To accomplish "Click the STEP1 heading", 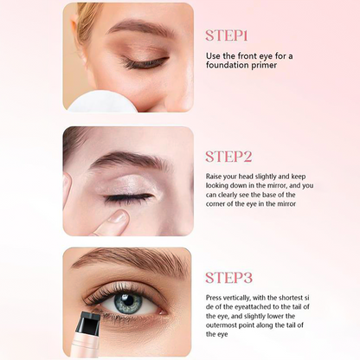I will click(227, 35).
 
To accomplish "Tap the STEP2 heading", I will click(228, 157).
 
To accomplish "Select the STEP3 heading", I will click(228, 277).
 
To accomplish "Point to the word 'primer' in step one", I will click(268, 67).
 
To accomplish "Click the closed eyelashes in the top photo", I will click(144, 63).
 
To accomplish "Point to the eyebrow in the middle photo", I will click(130, 160).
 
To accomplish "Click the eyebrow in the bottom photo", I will click(130, 259).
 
